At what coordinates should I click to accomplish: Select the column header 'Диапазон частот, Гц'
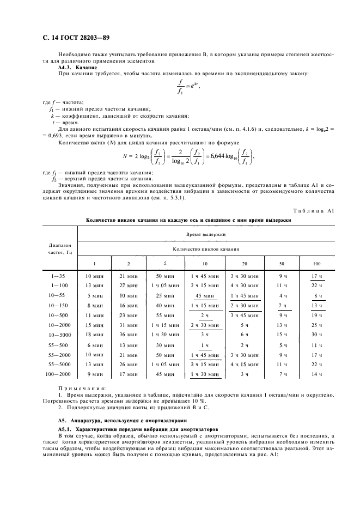pyautogui.click(x=57, y=248)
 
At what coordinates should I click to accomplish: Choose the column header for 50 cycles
pyautogui.click(x=282, y=263)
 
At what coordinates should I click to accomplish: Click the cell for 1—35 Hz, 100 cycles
pyautogui.click(x=316, y=277)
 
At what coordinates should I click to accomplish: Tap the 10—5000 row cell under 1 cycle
pyautogui.click(x=94, y=334)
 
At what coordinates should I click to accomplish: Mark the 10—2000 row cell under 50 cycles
pyautogui.click(x=282, y=325)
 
